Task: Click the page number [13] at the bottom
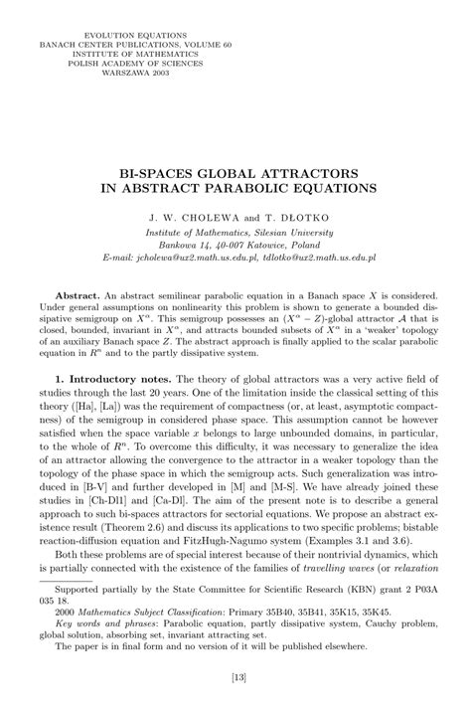(235, 679)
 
